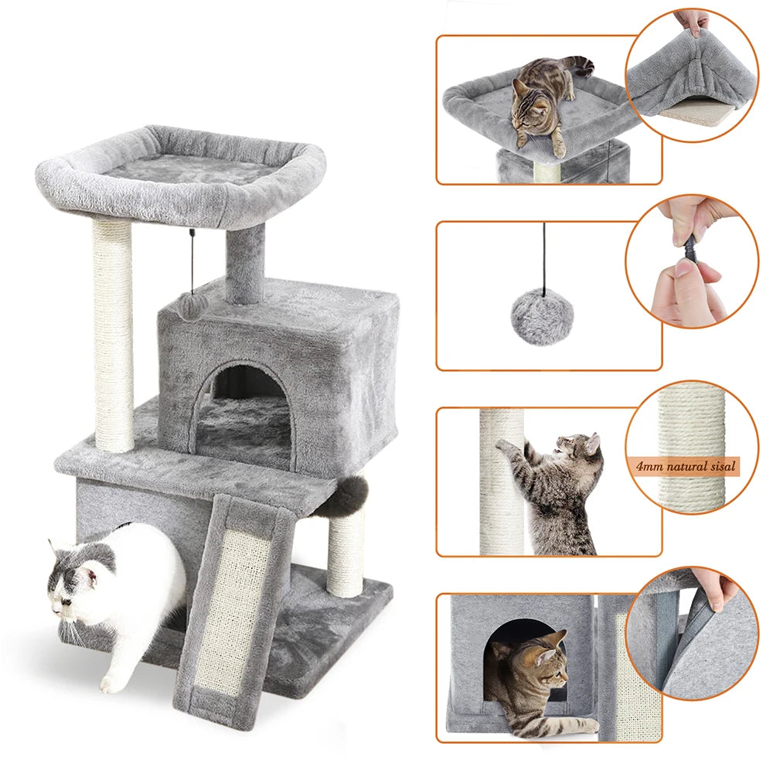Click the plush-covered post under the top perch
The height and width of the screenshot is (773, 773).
click(245, 263)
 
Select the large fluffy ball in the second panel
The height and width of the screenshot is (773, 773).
click(542, 317)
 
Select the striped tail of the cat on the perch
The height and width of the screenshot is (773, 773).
click(576, 65)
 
